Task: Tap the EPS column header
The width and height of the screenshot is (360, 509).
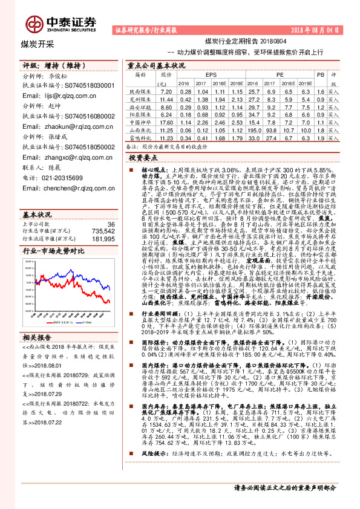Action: (211, 74)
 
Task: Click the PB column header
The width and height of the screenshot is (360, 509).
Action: (320, 74)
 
